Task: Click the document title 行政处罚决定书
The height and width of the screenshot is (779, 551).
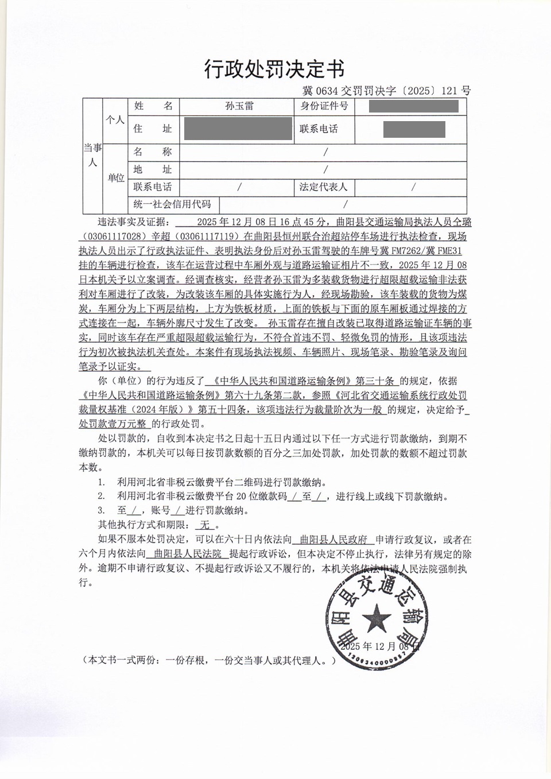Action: coord(274,69)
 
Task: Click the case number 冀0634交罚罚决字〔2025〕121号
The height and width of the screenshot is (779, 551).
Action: coord(386,90)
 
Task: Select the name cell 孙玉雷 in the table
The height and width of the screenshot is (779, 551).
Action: coord(239,106)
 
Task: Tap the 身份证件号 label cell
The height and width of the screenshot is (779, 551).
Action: coord(324,106)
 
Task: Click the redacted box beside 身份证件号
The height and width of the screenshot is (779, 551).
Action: coord(413,106)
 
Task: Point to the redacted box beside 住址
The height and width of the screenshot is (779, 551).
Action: coord(238,129)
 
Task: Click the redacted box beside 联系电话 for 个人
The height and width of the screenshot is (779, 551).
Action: coord(414,129)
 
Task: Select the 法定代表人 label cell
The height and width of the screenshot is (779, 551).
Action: coord(323,187)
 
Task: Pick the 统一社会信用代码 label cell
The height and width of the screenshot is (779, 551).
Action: coord(172,204)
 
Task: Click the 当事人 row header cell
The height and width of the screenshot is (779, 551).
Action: coord(92,156)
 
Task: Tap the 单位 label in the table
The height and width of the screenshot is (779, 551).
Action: coord(115,178)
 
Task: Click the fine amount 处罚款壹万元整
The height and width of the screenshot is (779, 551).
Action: coord(114,424)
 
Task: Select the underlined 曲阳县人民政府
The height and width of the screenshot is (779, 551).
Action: coord(333,540)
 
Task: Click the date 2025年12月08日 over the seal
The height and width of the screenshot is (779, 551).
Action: coord(379,646)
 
